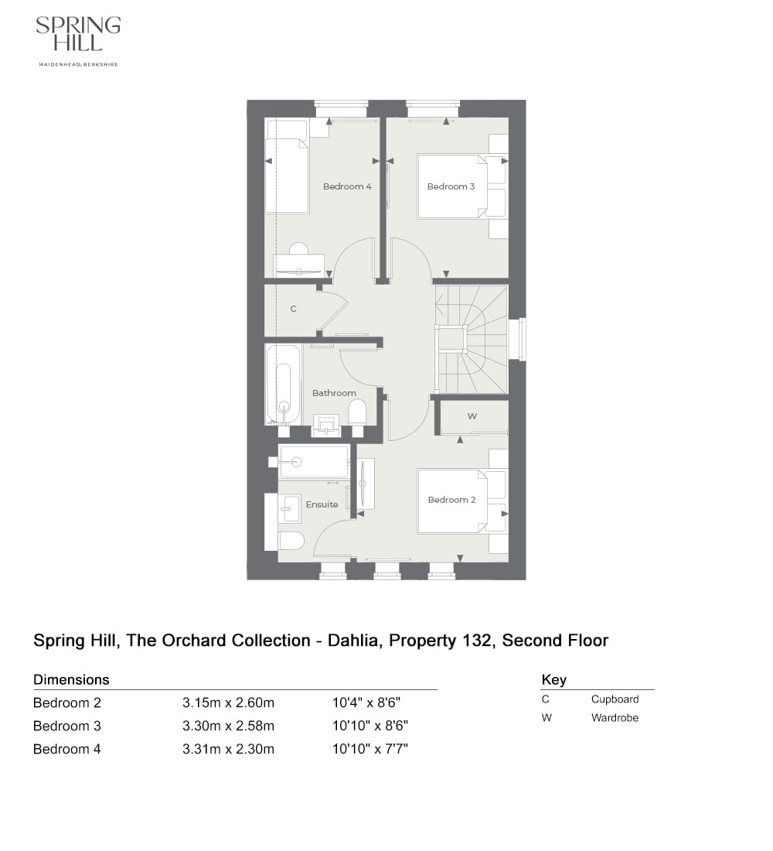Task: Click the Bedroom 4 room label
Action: (347, 186)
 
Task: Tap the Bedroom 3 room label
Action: (451, 186)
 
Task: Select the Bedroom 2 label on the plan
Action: (451, 500)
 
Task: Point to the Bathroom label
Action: (334, 393)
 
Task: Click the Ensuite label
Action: (322, 504)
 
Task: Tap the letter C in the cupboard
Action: (293, 309)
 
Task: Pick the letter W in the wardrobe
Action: (472, 416)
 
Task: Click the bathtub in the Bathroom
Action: (283, 384)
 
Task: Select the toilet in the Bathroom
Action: (357, 412)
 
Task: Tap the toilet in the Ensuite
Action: (291, 540)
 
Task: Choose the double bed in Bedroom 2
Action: (452, 500)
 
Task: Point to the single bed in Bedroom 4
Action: (287, 175)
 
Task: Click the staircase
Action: (470, 339)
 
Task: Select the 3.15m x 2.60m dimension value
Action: (228, 703)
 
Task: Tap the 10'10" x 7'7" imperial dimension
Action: (369, 749)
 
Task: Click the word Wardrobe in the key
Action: (615, 718)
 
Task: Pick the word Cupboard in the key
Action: (615, 699)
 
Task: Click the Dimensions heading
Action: (71, 680)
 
